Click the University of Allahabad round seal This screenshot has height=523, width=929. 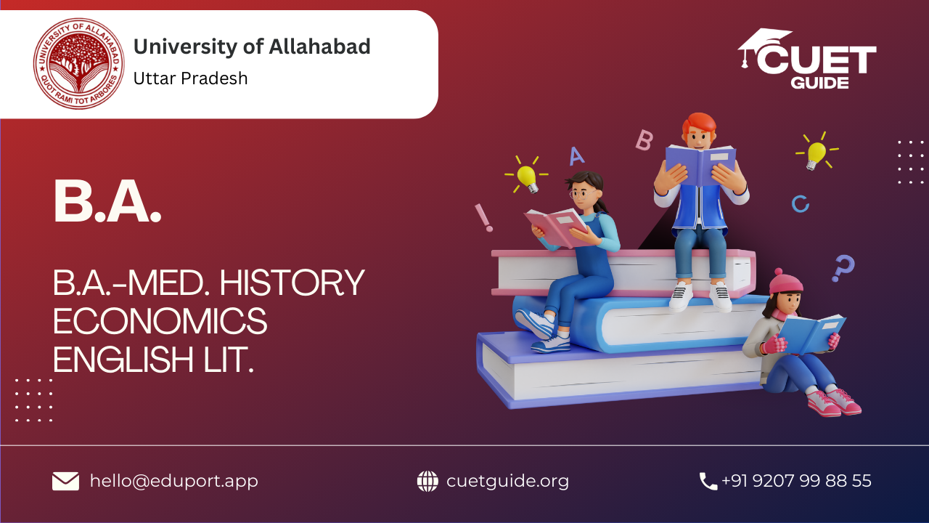click(x=79, y=63)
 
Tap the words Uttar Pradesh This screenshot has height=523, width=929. click(x=190, y=78)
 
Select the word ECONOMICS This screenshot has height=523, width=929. click(x=160, y=321)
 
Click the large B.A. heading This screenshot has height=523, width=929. click(x=107, y=202)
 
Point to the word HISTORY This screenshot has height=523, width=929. click(x=292, y=283)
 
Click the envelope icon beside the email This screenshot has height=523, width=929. click(x=65, y=481)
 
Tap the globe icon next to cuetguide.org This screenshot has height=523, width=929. click(x=427, y=482)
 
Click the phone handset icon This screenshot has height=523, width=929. click(x=708, y=482)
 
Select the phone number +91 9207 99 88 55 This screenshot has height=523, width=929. click(x=796, y=481)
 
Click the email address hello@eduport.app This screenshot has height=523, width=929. click(x=174, y=482)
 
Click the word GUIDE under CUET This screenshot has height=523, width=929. click(x=819, y=83)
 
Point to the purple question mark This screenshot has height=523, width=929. click(x=843, y=268)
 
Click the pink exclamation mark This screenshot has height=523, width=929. click(x=484, y=217)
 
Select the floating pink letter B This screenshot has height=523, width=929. click(x=644, y=140)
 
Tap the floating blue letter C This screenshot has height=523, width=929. click(x=800, y=204)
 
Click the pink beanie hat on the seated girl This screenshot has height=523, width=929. click(x=785, y=283)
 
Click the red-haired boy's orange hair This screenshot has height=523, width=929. click(x=699, y=123)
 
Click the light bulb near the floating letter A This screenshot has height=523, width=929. click(x=528, y=177)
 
